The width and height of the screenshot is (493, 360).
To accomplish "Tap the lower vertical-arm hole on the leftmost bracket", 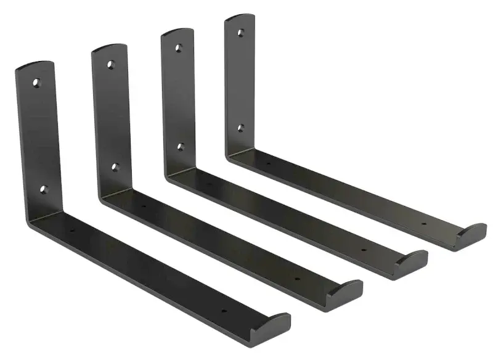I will point(43,188).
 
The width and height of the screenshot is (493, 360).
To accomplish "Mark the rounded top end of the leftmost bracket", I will point(35,64).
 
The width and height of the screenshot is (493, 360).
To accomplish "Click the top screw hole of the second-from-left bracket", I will point(111,63).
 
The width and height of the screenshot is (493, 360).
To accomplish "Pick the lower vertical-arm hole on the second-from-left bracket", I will point(115,166).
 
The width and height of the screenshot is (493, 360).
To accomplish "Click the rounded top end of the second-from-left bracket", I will point(109,47).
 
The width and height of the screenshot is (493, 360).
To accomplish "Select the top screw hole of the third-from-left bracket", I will point(178,47).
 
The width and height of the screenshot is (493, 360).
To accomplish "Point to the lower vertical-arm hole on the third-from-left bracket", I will point(181,147).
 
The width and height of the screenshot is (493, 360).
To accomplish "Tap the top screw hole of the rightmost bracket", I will point(240,32).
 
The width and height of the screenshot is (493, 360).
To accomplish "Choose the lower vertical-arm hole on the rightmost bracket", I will point(241,128).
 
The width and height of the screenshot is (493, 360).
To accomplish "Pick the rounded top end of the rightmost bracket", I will point(239,18).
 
